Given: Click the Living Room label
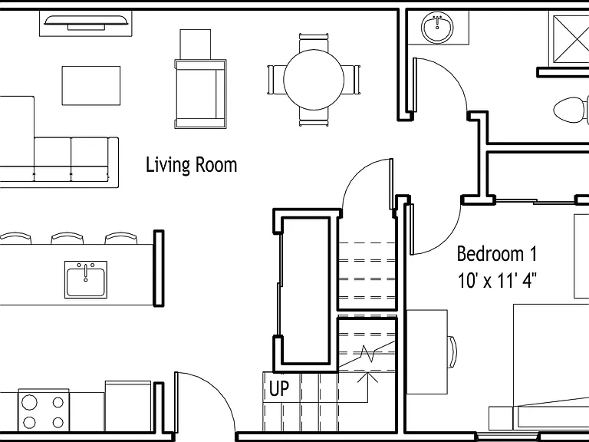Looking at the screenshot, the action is [191, 165].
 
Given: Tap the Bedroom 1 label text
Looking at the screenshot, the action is [497, 254].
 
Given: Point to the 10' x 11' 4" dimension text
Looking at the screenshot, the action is [497, 280].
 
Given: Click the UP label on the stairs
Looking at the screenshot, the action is [279, 388].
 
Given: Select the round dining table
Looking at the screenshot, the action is [314, 80].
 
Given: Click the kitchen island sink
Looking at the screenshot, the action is [86, 279].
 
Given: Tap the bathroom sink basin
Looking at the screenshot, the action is [437, 28].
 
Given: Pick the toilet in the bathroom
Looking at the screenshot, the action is [571, 110].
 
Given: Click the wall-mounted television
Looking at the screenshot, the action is [86, 22].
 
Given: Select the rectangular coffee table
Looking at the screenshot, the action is [91, 86].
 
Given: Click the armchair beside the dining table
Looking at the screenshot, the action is [200, 94].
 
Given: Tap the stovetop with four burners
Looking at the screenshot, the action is [44, 411].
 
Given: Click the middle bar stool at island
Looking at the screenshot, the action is [67, 238].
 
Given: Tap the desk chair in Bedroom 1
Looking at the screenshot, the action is [452, 352].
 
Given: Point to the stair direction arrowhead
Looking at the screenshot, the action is [367, 377].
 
